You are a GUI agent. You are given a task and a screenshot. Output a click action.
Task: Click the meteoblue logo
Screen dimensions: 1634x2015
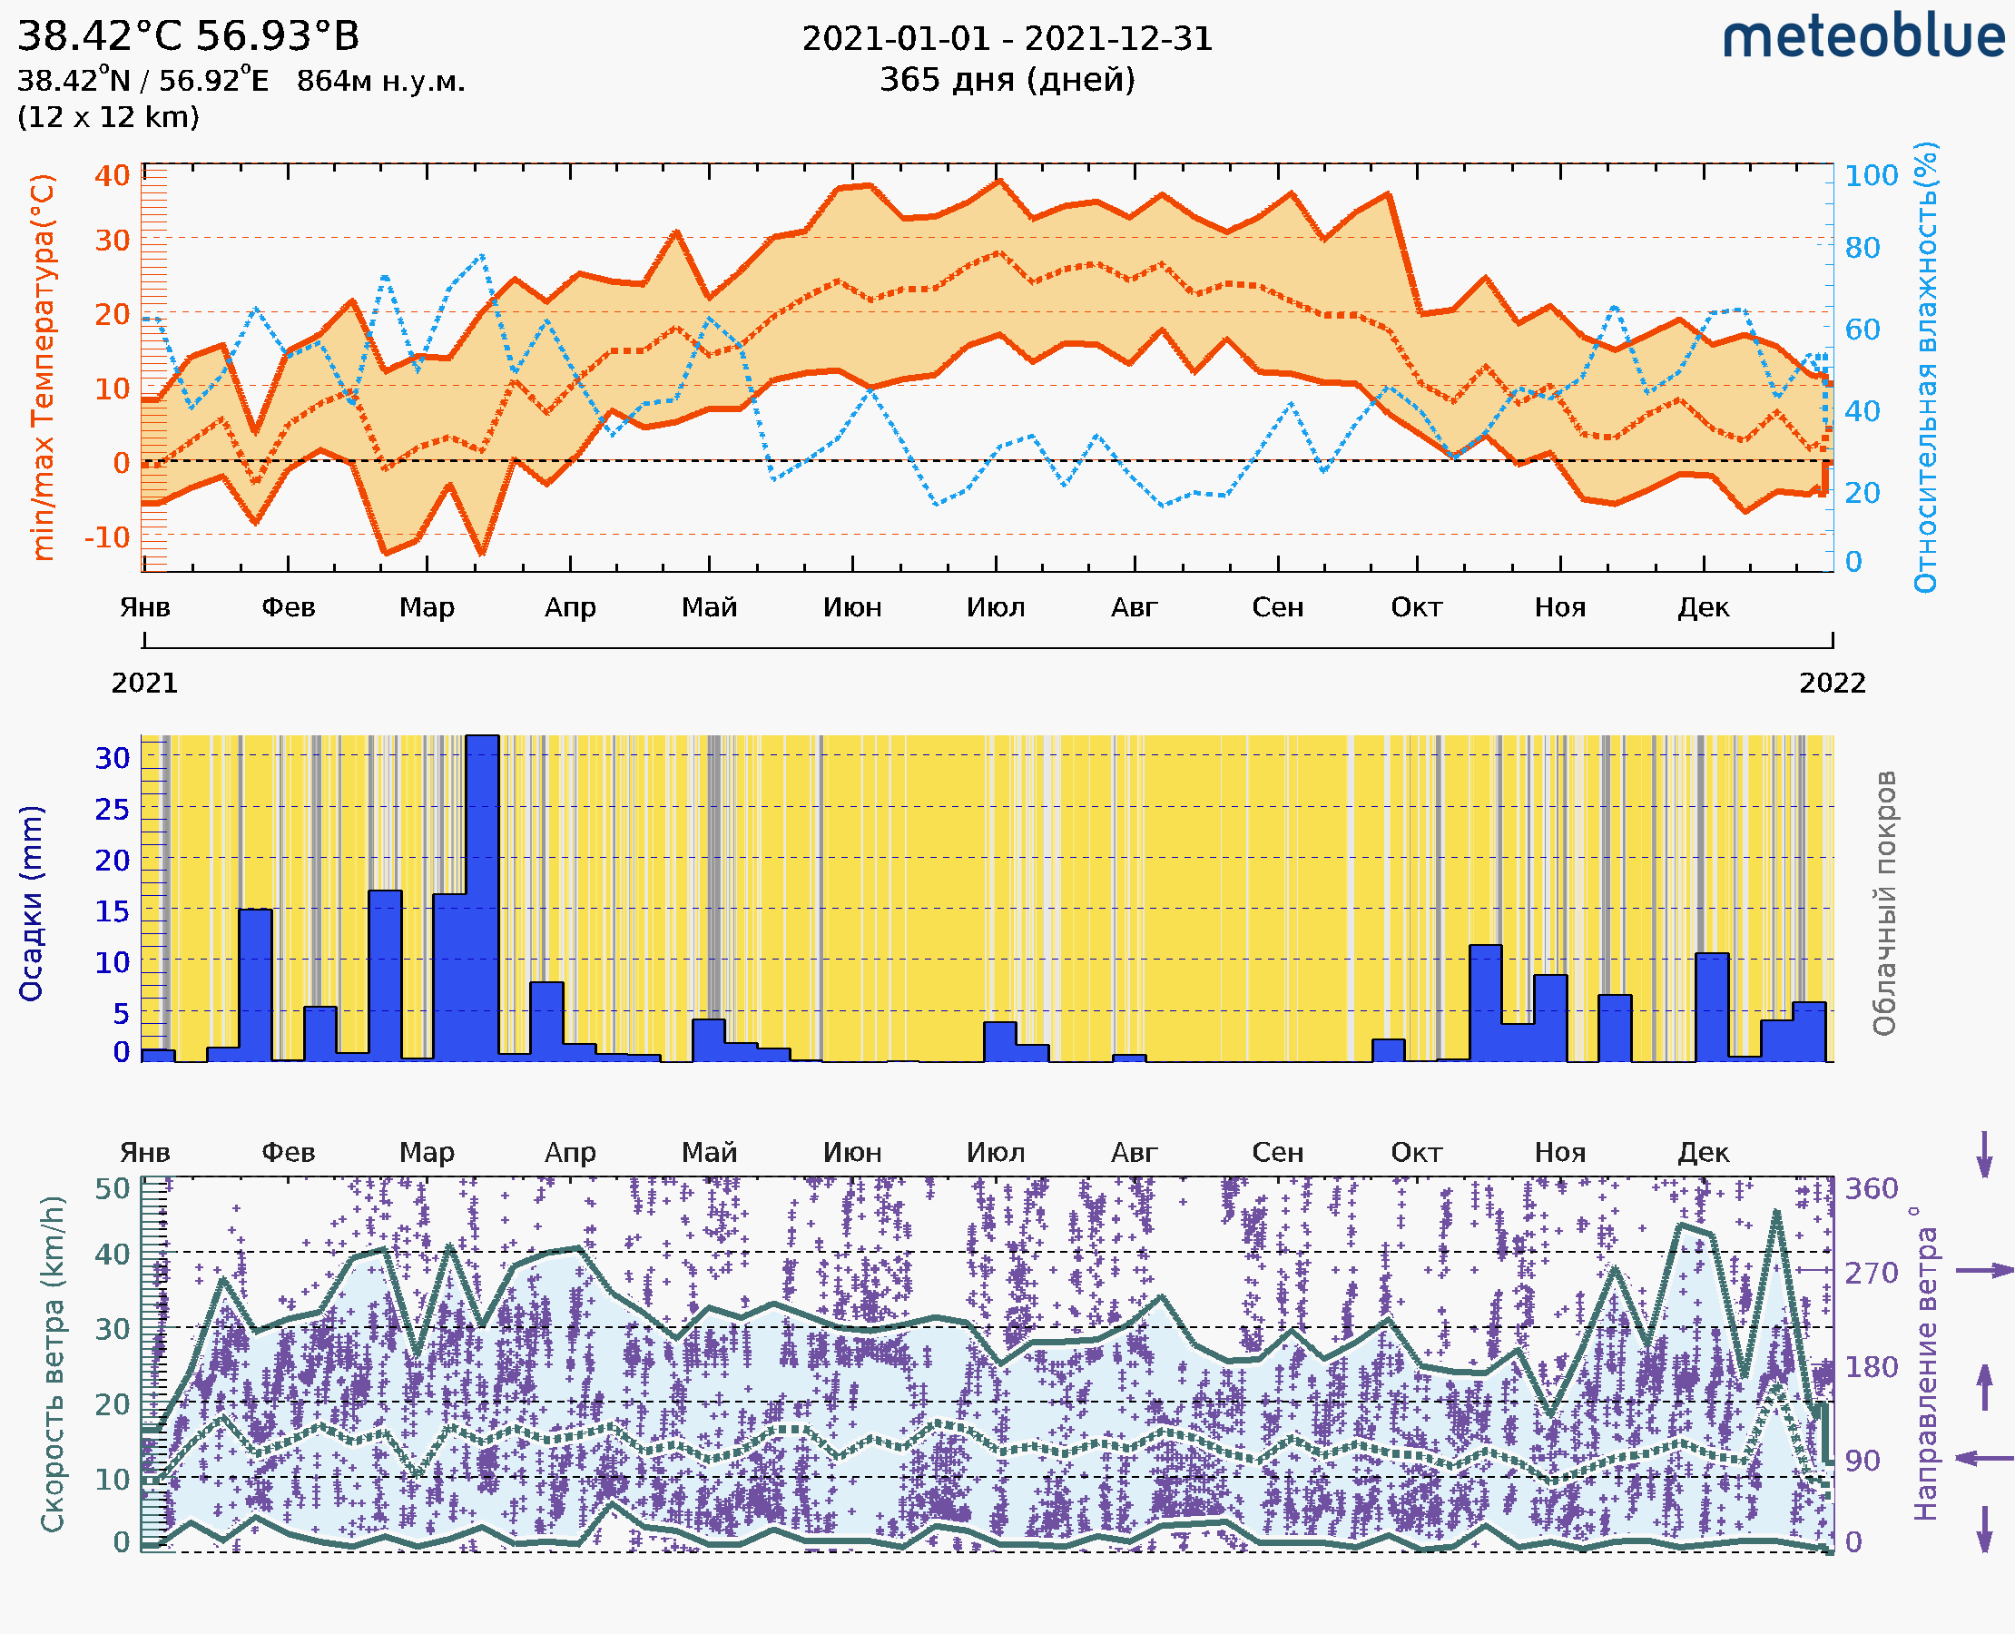pos(1863,37)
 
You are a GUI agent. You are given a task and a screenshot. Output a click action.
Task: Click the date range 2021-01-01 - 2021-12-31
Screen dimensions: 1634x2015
pos(1007,39)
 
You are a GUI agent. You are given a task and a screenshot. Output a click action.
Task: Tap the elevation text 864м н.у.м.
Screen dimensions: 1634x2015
pos(380,81)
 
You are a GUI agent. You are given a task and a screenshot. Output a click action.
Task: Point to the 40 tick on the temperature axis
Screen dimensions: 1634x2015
pos(112,176)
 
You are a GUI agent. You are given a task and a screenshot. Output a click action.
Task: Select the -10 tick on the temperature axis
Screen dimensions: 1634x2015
pos(107,537)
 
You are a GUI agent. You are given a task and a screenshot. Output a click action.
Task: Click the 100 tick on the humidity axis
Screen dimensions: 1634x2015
pos(1871,176)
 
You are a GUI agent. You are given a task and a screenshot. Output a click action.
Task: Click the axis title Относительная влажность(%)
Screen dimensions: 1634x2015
pos(1925,367)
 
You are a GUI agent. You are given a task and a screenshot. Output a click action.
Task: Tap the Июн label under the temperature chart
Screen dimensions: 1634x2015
pos(851,607)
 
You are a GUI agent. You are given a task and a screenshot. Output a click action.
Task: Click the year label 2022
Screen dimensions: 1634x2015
pos(1832,683)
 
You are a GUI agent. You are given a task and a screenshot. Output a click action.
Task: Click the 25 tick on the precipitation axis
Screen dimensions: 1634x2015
pos(112,810)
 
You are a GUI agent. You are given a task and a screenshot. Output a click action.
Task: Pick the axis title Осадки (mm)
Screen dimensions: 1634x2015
pos(31,902)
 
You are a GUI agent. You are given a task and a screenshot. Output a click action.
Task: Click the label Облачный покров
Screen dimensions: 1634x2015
pos(1883,902)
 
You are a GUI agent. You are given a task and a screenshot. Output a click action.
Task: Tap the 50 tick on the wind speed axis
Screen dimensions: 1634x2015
pos(112,1189)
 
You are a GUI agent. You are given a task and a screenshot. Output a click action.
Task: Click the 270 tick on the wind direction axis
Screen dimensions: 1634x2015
pos(1871,1274)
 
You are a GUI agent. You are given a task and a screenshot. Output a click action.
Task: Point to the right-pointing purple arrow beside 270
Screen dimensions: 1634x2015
pos(1984,1271)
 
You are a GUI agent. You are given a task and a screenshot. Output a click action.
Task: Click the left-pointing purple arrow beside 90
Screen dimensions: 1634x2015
pos(1984,1459)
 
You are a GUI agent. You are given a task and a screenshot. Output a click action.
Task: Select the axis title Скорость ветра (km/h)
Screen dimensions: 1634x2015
pos(53,1364)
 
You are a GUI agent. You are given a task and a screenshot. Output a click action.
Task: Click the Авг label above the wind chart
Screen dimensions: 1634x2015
pos(1134,1153)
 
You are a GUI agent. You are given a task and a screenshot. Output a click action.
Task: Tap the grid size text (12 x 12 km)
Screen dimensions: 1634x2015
pos(108,118)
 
